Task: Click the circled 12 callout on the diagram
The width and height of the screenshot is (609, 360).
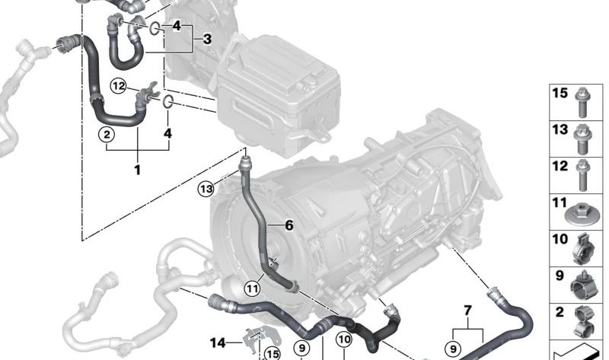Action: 118,86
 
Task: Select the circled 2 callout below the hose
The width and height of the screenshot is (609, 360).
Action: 107,135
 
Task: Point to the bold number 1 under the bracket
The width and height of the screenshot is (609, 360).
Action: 137,170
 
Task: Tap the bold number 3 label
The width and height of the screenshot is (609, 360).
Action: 207,39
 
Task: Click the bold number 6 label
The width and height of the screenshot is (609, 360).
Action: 289,225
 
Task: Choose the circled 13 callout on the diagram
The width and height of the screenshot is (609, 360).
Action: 206,189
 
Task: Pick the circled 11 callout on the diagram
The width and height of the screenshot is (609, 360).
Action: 253,288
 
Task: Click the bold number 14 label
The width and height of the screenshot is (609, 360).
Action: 218,343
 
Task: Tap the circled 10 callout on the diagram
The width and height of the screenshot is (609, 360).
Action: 344,339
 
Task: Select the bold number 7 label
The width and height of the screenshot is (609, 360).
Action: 468,311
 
